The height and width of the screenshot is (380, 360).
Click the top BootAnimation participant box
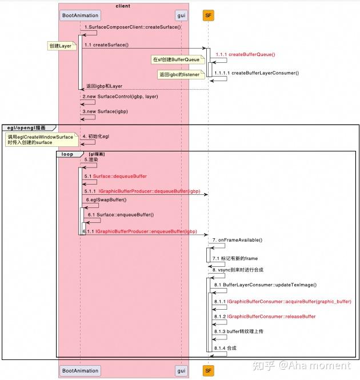(x=79, y=15)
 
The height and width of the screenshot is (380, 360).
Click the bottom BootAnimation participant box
(x=79, y=371)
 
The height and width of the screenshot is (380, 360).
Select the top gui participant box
(x=181, y=15)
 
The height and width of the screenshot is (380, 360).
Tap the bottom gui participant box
(x=181, y=371)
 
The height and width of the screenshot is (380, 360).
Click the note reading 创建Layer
(x=60, y=46)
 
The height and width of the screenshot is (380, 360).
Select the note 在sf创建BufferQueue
(x=175, y=59)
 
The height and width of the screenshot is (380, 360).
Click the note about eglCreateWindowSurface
(x=40, y=140)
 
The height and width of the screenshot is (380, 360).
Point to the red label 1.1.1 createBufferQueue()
(x=245, y=54)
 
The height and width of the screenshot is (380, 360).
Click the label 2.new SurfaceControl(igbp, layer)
(x=120, y=97)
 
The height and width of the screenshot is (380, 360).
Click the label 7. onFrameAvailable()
(x=237, y=240)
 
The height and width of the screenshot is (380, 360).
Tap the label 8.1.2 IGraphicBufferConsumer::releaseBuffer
(x=271, y=316)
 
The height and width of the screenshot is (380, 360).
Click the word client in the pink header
(x=123, y=6)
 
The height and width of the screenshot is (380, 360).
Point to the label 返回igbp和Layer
(x=104, y=86)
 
